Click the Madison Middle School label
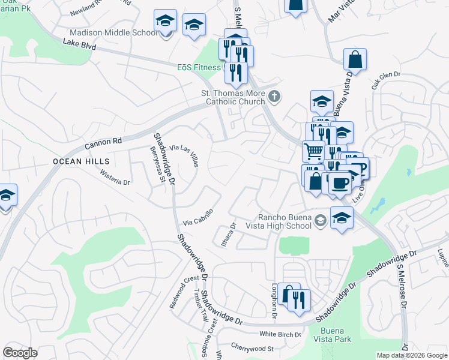[x=113, y=33]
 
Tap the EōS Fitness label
[x=199, y=67]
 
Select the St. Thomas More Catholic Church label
[x=232, y=97]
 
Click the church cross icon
[x=274, y=96]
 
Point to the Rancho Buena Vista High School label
[x=285, y=221]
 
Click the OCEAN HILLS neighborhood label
[x=81, y=161]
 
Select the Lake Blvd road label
[x=79, y=45]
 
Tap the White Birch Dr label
[x=280, y=334]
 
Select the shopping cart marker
[x=313, y=152]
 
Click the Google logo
[x=20, y=353]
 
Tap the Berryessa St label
[x=157, y=163]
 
